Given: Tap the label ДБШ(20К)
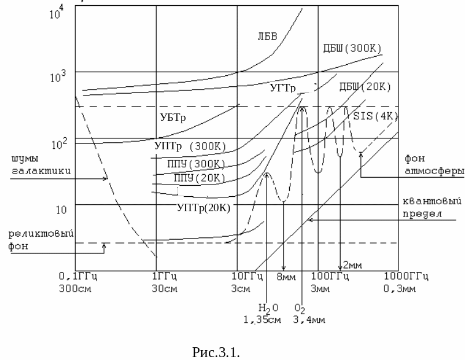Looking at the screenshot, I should click(x=365, y=87).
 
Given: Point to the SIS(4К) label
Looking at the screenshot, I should click(x=375, y=116).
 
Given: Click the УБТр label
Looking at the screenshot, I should click(x=172, y=118).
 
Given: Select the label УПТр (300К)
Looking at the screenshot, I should click(x=190, y=146).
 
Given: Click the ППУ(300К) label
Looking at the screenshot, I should click(x=195, y=164).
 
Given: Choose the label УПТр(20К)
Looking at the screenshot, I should click(x=203, y=208).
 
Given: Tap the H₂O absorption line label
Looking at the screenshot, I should click(x=268, y=307).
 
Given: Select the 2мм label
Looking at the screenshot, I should click(x=352, y=265).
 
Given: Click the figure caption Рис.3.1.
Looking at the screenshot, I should click(x=215, y=352).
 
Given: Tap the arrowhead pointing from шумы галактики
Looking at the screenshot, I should click(x=106, y=178).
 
